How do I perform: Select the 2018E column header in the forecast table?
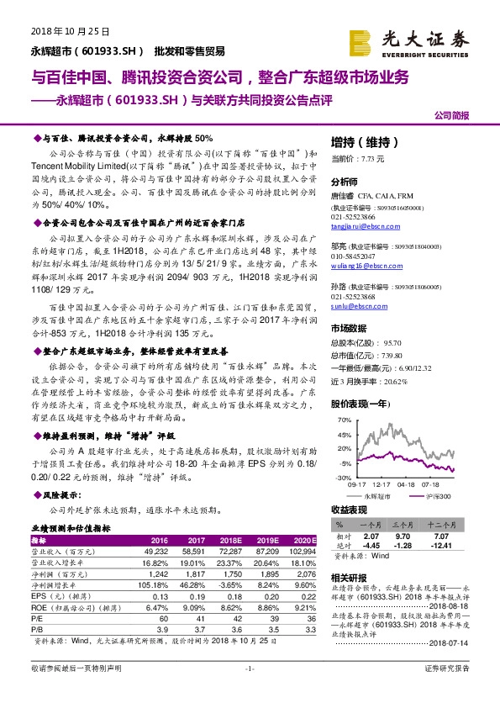[231, 541]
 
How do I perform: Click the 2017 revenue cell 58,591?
[193, 551]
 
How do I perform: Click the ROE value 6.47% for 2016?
[157, 606]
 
